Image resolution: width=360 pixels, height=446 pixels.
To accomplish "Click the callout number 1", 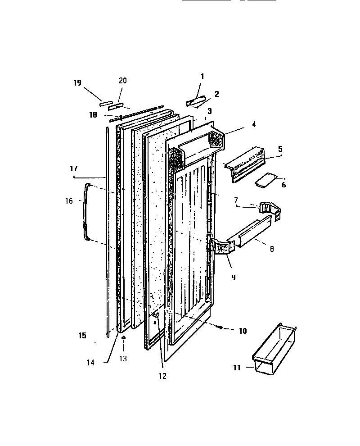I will pyautogui.click(x=202, y=77).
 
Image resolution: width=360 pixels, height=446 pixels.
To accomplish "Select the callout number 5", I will pyautogui.click(x=280, y=148).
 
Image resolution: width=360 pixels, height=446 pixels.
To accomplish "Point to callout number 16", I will pyautogui.click(x=68, y=201).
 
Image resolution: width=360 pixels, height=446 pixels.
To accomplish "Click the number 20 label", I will pyautogui.click(x=122, y=81).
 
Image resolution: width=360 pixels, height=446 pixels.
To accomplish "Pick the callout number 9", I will pyautogui.click(x=233, y=278).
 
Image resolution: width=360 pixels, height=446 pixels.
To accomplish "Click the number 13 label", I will pyautogui.click(x=123, y=359).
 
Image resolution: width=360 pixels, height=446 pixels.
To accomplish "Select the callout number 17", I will pyautogui.click(x=74, y=169).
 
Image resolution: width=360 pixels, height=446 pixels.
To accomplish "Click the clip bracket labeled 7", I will pyautogui.click(x=269, y=210).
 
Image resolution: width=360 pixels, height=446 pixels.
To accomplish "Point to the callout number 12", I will pyautogui.click(x=162, y=376).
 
